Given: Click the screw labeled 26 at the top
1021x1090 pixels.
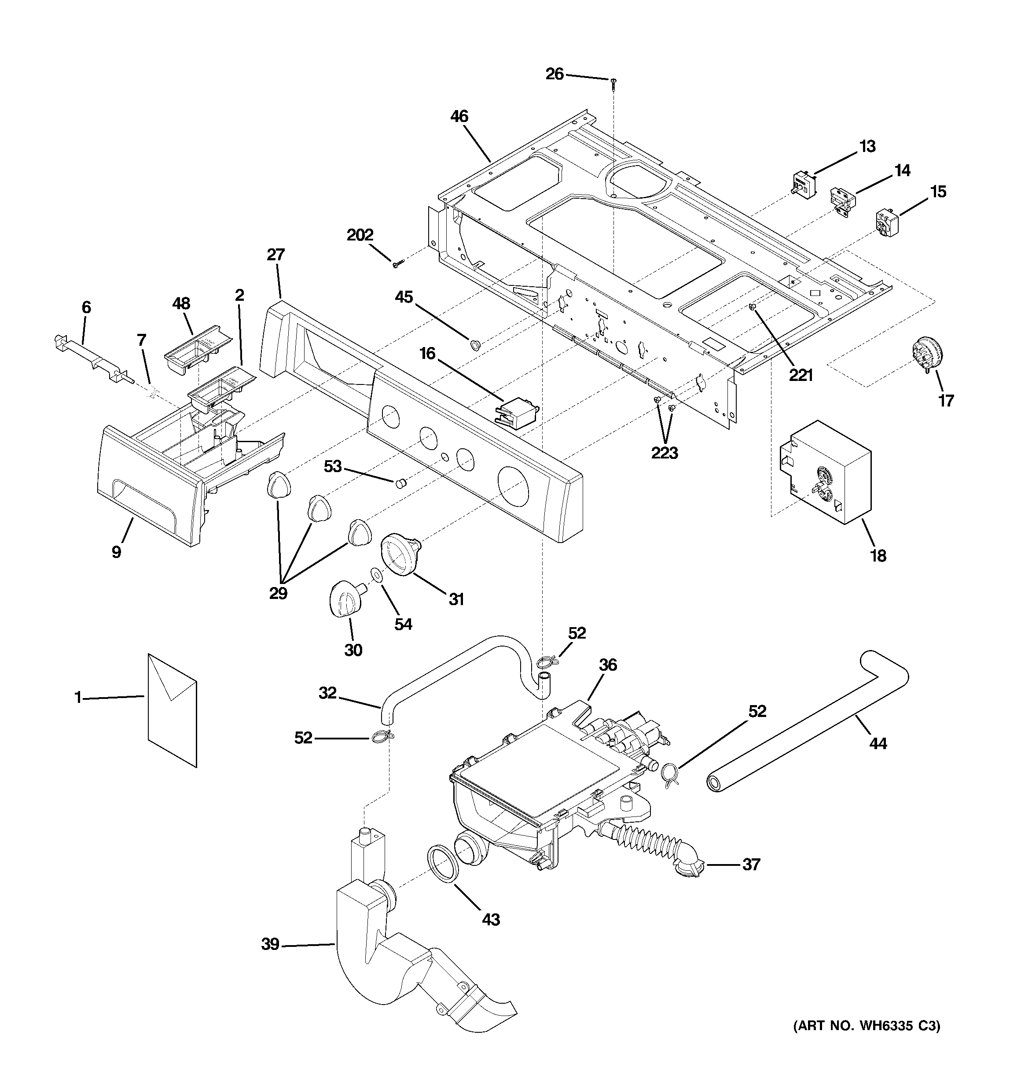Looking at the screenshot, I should pyautogui.click(x=613, y=82).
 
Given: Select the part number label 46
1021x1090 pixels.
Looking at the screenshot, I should pyautogui.click(x=459, y=116).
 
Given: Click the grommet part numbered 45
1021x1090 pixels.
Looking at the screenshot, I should pyautogui.click(x=474, y=344).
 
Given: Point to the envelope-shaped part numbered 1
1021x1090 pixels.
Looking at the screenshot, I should pyautogui.click(x=172, y=709).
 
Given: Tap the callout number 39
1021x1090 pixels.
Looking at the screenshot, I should pyautogui.click(x=270, y=944).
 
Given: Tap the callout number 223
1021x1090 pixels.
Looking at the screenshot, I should pyautogui.click(x=664, y=453).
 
